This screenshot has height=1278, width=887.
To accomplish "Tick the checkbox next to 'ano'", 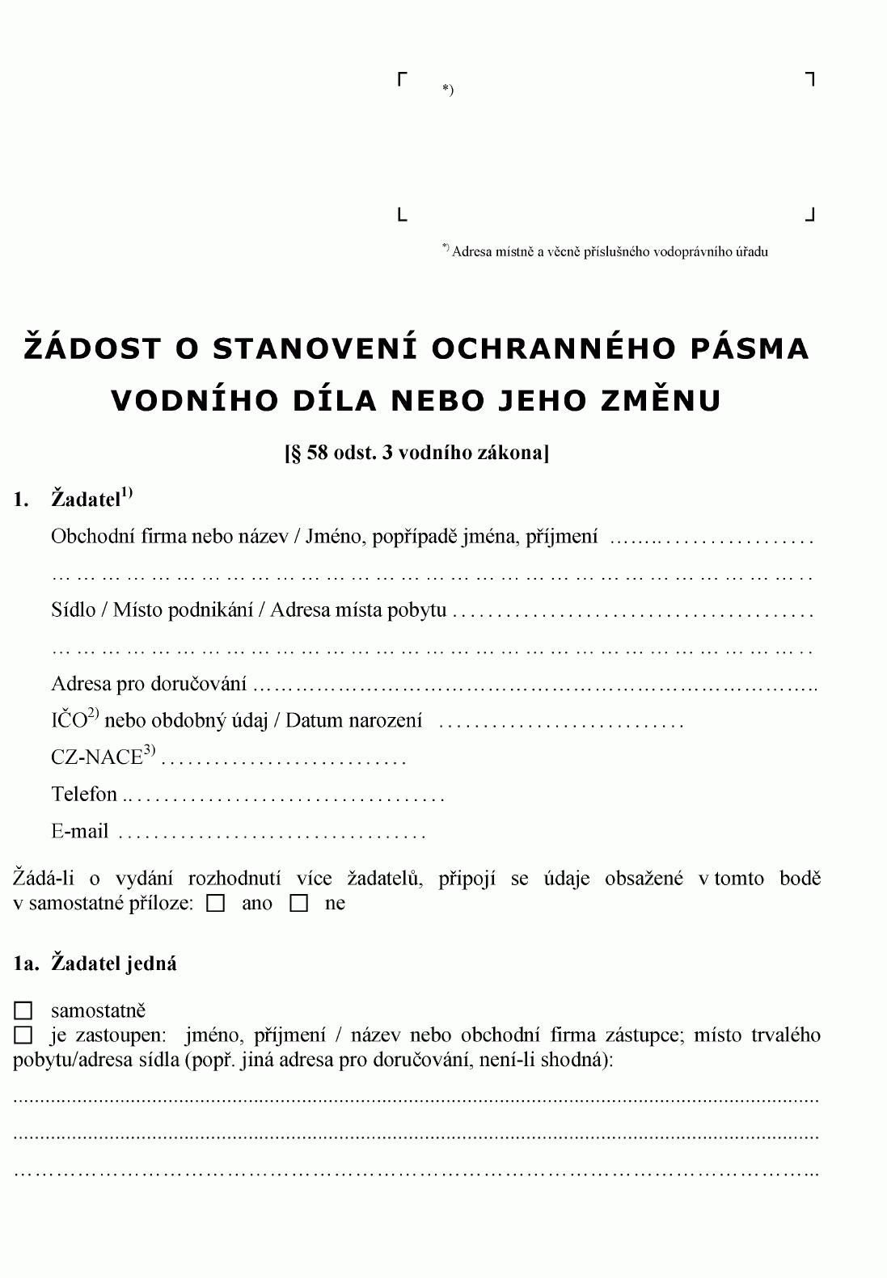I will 216,904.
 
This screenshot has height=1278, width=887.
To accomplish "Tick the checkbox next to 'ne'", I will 299,904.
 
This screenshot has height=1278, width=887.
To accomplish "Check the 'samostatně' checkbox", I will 23,1010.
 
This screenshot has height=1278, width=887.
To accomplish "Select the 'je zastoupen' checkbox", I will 23,1035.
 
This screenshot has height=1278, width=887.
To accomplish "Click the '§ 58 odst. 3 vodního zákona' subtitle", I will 416,452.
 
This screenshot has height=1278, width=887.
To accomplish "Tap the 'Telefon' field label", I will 84,795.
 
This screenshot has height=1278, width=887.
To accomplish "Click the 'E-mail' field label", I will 79,832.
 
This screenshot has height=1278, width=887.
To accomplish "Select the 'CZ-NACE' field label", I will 97,757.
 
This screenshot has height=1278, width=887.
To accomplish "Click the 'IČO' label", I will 69,720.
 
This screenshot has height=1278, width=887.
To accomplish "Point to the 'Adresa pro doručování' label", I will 149,684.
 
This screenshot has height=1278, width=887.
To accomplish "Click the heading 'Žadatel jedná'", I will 114,964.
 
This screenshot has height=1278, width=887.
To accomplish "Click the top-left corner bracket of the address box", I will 402,78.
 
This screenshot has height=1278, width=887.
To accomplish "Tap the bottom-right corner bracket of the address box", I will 810,215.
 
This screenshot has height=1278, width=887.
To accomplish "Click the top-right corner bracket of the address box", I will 810,78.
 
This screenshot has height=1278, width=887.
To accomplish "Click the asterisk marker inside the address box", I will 447,89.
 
